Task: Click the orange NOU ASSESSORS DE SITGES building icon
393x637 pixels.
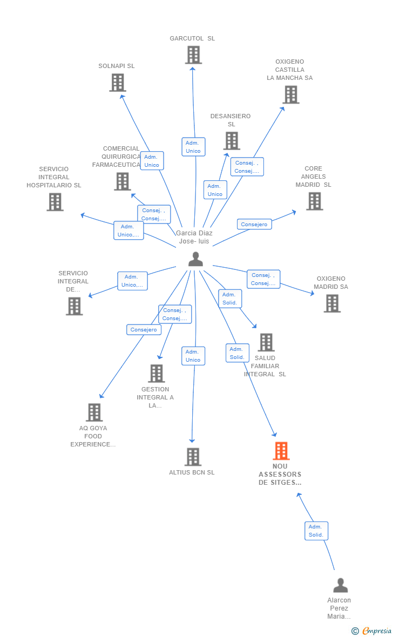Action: tap(281, 451)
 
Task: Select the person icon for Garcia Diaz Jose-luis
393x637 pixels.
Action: tap(195, 259)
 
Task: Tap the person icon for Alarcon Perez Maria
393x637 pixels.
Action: tap(341, 585)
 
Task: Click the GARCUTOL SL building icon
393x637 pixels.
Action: tap(193, 55)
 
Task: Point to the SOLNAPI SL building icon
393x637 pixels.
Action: tap(118, 83)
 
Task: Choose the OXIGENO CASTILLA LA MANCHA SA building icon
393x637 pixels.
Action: tap(291, 94)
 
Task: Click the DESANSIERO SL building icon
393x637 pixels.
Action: tap(232, 141)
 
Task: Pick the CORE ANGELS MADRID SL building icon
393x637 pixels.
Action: tap(315, 201)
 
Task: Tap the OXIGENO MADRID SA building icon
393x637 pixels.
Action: tap(332, 303)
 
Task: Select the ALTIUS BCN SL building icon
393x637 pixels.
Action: tap(193, 457)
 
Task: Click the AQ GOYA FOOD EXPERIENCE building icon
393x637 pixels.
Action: tap(94, 412)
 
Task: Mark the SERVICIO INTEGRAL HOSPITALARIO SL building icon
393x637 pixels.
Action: tap(55, 201)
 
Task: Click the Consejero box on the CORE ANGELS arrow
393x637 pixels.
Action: tap(254, 224)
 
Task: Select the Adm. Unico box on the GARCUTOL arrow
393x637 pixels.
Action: tap(193, 147)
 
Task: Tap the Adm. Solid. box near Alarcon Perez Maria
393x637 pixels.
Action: tap(316, 531)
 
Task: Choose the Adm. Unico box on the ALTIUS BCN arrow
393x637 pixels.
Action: tap(193, 356)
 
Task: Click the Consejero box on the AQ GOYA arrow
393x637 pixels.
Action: tap(144, 329)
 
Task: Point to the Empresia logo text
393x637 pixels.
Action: tap(377, 631)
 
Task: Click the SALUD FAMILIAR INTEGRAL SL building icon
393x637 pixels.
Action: tap(267, 342)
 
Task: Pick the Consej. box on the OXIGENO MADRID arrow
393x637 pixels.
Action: tap(263, 279)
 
